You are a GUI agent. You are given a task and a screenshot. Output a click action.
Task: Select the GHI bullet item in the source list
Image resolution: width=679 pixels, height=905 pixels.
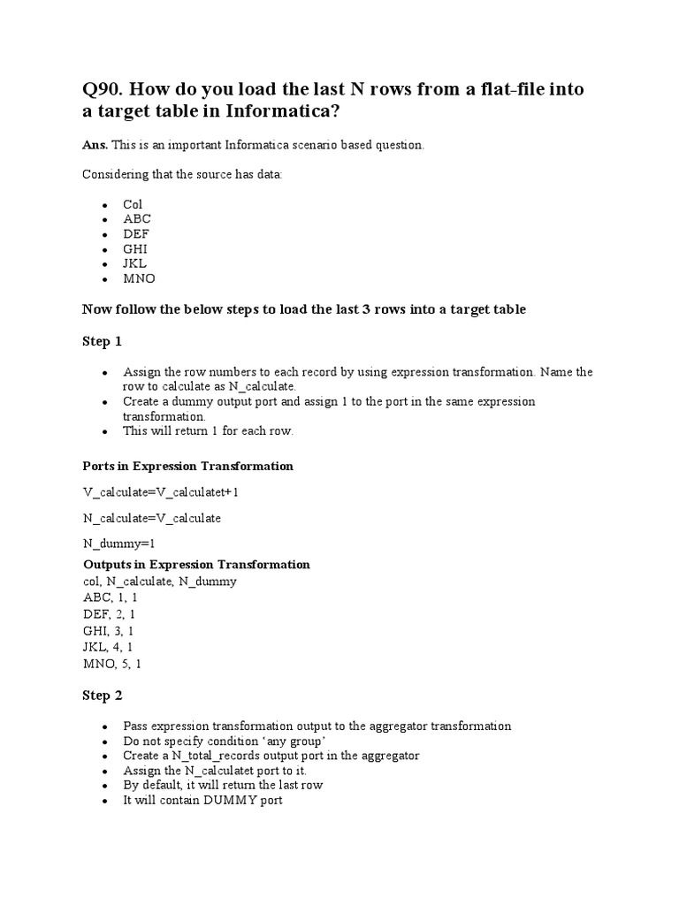tap(135, 248)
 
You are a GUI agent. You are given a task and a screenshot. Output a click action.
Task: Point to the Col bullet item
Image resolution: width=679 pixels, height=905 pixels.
tap(133, 204)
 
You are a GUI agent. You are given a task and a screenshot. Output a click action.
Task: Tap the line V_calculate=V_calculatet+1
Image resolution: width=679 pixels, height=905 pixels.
tap(161, 491)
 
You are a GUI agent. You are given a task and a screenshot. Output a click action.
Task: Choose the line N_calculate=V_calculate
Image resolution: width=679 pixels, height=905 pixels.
tap(151, 518)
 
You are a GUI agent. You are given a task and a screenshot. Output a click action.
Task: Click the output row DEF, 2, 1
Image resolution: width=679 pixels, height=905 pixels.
tap(110, 613)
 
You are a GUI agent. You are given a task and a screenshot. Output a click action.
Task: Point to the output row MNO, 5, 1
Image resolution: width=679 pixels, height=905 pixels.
tap(111, 663)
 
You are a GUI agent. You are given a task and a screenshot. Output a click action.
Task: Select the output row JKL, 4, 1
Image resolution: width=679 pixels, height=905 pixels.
tap(110, 647)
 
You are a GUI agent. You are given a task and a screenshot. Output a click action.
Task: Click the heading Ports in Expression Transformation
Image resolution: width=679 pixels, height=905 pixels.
tap(187, 466)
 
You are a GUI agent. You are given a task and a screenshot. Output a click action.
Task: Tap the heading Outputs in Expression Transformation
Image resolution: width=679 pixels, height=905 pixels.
tap(196, 564)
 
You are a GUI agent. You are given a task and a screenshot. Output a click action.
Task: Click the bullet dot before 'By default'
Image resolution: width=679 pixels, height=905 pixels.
tap(105, 786)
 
